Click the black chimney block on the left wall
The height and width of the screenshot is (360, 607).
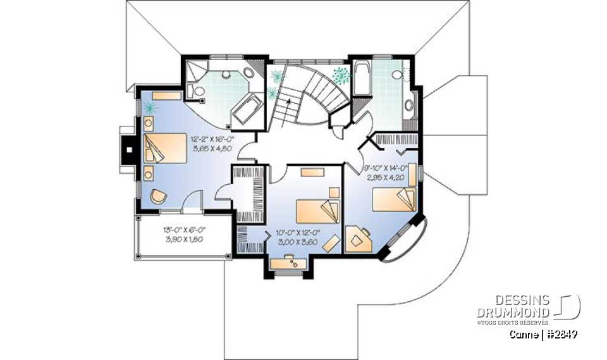(x=128, y=151)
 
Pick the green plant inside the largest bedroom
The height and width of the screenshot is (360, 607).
(x=150, y=109)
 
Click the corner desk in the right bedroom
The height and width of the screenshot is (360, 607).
(x=359, y=238)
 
